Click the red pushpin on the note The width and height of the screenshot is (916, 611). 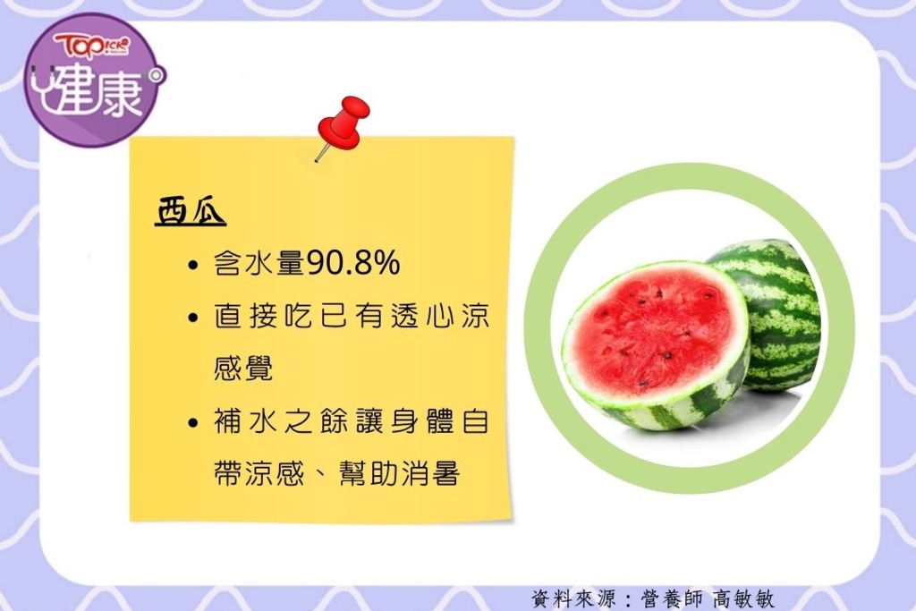[343, 124]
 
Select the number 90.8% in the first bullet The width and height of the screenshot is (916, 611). [353, 263]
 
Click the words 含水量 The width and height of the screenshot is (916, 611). [259, 263]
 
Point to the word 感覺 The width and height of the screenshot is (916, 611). [243, 369]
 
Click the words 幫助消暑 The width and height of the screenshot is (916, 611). [400, 472]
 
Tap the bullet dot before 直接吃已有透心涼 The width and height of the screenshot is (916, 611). [193, 318]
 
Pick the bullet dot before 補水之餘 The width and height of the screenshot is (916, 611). [193, 422]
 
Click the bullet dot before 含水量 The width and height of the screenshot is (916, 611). [193, 266]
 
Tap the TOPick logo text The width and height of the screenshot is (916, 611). [92, 46]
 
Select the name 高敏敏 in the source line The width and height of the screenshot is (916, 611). [743, 598]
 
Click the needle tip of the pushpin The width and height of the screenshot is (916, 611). [316, 161]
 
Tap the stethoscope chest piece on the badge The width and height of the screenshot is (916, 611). [156, 76]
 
